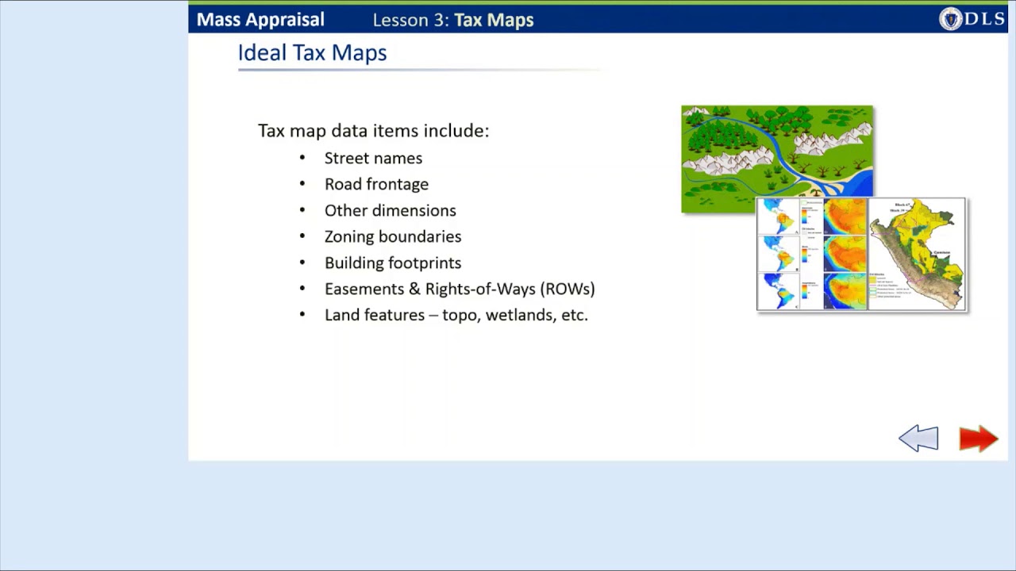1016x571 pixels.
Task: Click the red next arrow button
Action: (978, 439)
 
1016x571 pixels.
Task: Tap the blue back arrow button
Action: (918, 439)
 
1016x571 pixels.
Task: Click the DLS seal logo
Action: (950, 19)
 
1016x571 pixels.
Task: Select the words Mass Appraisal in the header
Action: (260, 20)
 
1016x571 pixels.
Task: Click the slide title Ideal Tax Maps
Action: (312, 53)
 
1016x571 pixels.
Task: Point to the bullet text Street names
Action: (373, 159)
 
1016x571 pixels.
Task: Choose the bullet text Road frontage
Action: (376, 185)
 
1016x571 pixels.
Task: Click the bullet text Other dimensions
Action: (390, 211)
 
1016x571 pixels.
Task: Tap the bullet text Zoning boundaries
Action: (392, 237)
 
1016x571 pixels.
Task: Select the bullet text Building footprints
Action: (392, 263)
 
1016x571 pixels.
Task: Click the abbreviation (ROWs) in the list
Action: (568, 289)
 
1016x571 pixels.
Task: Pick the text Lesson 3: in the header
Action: (410, 20)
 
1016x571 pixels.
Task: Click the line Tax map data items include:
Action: (373, 131)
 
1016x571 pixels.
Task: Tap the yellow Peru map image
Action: (917, 253)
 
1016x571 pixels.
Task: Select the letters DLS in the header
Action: (985, 19)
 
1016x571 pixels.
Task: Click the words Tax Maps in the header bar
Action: (494, 20)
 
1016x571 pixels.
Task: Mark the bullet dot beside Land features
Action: (302, 315)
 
